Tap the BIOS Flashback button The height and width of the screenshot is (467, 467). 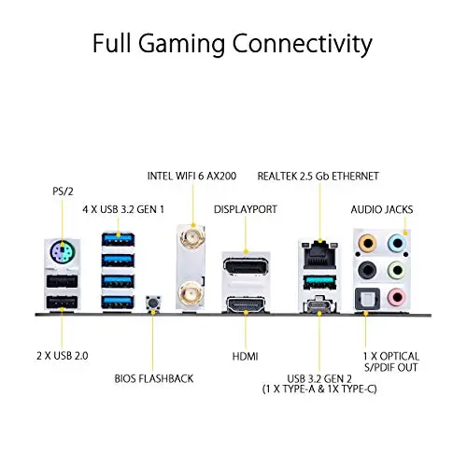153,303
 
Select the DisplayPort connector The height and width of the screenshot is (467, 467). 246,266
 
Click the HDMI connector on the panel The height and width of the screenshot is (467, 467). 246,304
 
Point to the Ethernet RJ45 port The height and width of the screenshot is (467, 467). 319,256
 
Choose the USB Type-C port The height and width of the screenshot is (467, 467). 319,304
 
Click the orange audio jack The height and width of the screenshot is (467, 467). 367,243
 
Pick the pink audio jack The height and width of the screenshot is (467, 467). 397,297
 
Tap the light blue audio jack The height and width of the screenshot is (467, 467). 397,243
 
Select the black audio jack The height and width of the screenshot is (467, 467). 367,270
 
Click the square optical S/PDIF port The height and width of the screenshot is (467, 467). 367,299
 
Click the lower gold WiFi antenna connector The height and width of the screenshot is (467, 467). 190,292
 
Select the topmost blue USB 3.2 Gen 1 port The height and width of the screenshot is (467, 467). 118,240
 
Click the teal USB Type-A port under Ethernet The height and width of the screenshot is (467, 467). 319,282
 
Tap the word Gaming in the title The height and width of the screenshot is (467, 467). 182,44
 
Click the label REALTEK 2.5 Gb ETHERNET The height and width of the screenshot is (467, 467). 318,177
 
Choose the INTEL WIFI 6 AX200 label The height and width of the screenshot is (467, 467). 191,177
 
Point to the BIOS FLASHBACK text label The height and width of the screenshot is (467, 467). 154,378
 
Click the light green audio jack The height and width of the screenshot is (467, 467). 397,270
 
